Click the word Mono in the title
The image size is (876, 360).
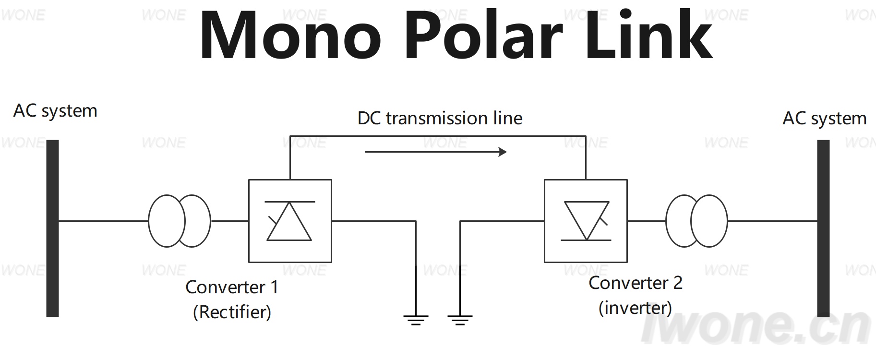point(291,36)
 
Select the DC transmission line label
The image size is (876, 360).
point(440,118)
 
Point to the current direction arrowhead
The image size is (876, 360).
point(503,152)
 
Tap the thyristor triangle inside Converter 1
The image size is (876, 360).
point(289,221)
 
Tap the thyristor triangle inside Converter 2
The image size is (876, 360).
point(587,221)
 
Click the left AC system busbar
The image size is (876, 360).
point(52,228)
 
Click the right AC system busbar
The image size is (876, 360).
point(823,228)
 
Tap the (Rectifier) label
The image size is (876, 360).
point(232,312)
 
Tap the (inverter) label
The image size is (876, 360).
point(635,308)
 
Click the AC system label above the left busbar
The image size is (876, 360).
point(55,111)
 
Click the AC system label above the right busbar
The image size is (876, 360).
point(825,119)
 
